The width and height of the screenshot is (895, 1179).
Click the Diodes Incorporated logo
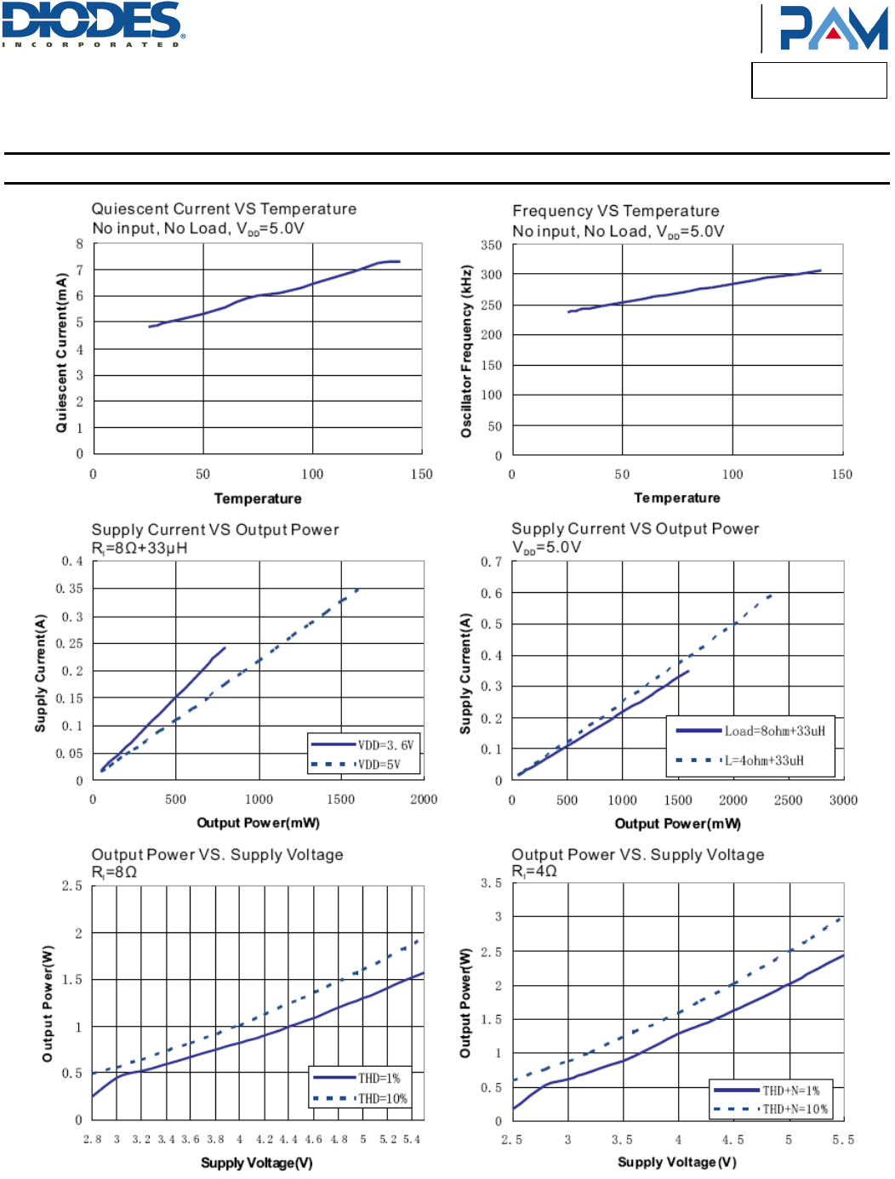pyautogui.click(x=93, y=24)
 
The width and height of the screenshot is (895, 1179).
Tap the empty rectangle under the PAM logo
pyautogui.click(x=818, y=80)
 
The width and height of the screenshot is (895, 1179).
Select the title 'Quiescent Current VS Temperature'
pyautogui.click(x=224, y=208)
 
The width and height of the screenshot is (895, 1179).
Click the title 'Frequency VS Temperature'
pyautogui.click(x=615, y=210)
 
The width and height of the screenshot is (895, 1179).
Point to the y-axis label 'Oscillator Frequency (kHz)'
pyautogui.click(x=466, y=350)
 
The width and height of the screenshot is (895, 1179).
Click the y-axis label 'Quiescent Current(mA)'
pyautogui.click(x=61, y=352)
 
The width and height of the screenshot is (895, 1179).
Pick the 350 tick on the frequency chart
pyautogui.click(x=491, y=245)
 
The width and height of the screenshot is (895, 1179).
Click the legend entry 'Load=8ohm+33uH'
pyautogui.click(x=774, y=731)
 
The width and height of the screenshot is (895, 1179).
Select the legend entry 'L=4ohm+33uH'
pyautogui.click(x=764, y=760)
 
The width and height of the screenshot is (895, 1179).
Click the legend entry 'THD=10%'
pyautogui.click(x=382, y=1098)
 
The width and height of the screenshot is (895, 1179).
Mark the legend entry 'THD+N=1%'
pyautogui.click(x=790, y=1091)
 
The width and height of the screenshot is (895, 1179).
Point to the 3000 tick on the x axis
pyautogui.click(x=843, y=800)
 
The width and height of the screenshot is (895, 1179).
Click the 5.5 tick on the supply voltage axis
pyautogui.click(x=843, y=1139)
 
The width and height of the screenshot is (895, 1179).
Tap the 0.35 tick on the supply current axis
pyautogui.click(x=70, y=589)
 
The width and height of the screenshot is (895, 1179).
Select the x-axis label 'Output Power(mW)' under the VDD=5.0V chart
pyautogui.click(x=677, y=823)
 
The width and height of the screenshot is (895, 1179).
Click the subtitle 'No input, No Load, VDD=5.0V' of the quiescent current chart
pyautogui.click(x=197, y=229)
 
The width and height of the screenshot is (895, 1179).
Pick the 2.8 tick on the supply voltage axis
pyautogui.click(x=92, y=1139)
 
